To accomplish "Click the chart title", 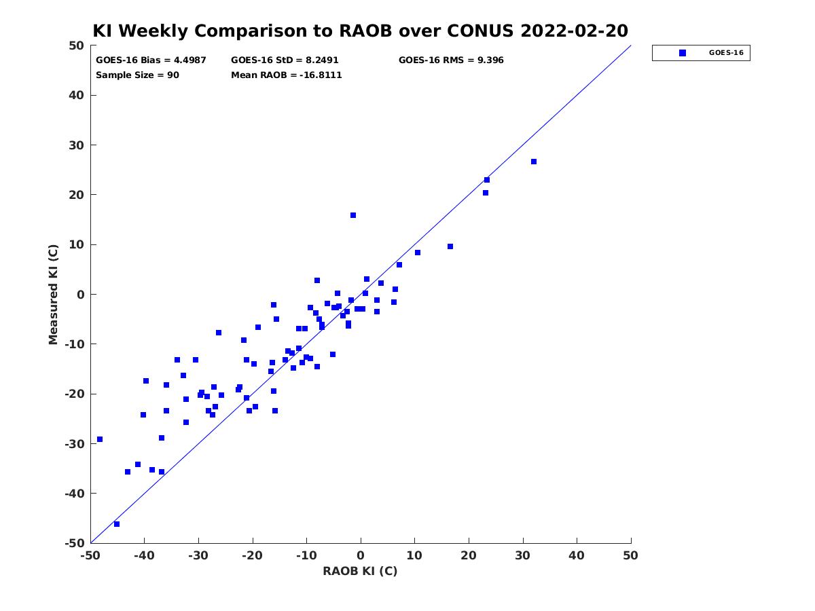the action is [360, 31].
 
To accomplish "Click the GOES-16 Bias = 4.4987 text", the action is [151, 60].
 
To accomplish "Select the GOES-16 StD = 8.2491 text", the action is [285, 60].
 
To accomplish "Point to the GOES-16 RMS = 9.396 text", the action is [451, 60].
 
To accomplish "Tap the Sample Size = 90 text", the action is [137, 75].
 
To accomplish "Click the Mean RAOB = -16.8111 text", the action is [287, 75].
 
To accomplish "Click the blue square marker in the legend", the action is [682, 53].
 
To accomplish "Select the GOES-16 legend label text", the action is [726, 53].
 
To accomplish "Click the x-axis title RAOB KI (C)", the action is [360, 570].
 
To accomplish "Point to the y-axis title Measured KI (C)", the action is [53, 294].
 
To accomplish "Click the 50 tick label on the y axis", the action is [77, 45].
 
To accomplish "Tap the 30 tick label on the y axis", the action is [77, 145].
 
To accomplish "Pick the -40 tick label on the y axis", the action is [74, 493].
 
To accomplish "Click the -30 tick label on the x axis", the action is [198, 555].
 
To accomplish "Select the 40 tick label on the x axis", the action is [577, 555].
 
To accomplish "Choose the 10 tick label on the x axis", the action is [414, 555].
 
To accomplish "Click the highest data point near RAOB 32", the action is [534, 162].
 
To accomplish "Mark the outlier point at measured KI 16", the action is [352, 215].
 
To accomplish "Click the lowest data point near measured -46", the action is [117, 524].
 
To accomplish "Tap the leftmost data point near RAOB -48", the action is [100, 439].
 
